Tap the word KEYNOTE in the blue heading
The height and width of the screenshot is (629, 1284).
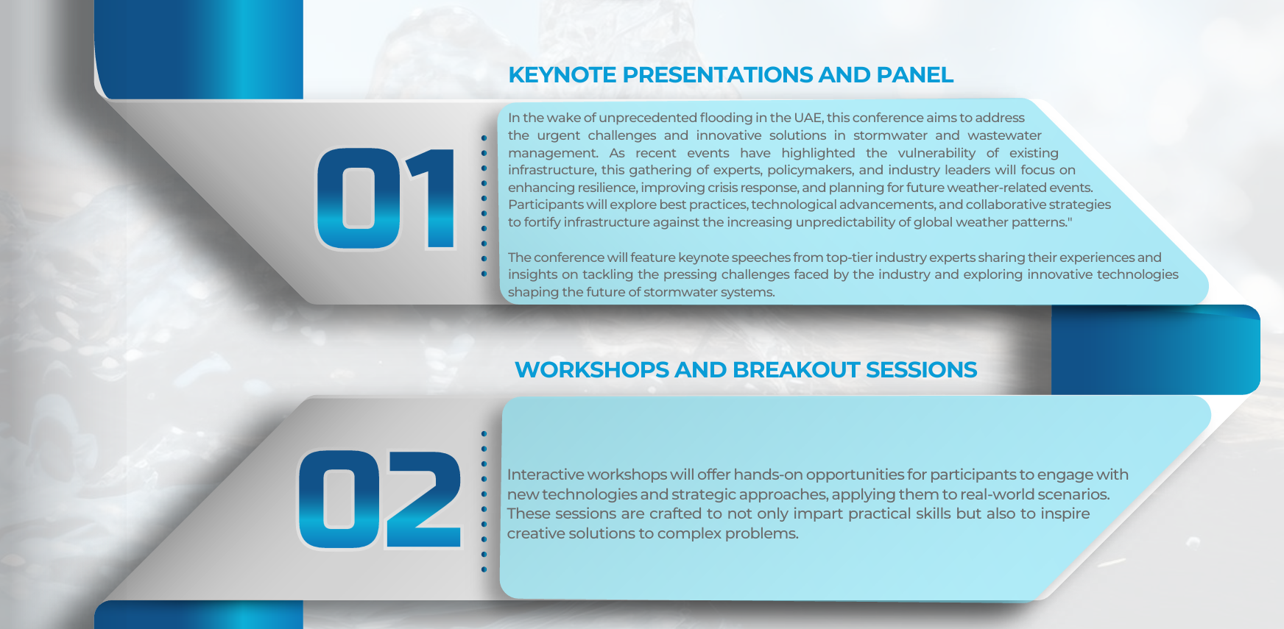[x=562, y=75]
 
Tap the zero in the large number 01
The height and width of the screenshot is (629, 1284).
[x=359, y=199]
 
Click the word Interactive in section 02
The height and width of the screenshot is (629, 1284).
[x=545, y=475]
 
